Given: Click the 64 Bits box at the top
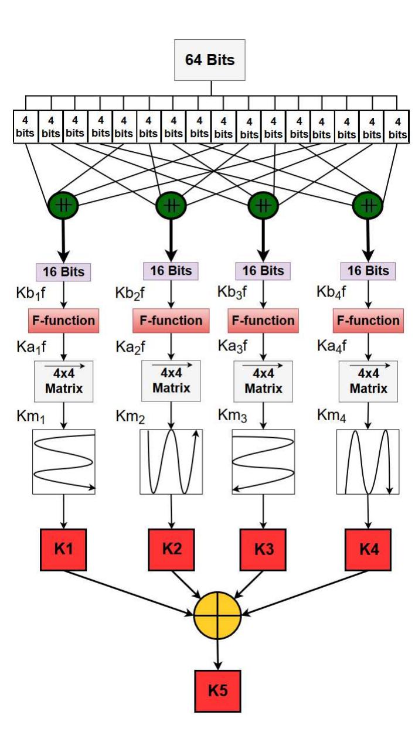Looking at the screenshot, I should coord(211,60).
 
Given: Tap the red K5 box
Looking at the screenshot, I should coord(217,690).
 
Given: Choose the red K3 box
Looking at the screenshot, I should coord(264,550).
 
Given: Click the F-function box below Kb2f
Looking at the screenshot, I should coord(171,321).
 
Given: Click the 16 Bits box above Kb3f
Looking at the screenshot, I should coord(264,271).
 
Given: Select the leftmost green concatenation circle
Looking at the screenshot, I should coord(63,205).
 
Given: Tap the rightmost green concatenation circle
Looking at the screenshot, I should coord(368,205).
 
